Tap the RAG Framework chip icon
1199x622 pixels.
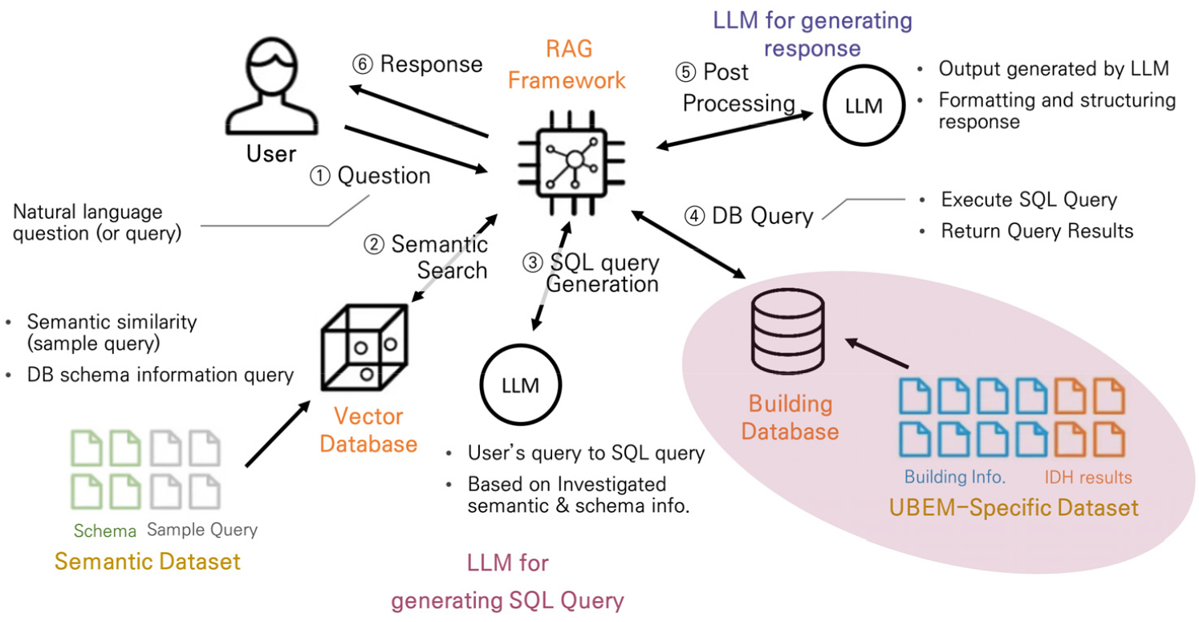point(573,161)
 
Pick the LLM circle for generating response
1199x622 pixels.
point(864,106)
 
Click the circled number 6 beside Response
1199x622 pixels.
point(363,64)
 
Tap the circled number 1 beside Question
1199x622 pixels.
point(320,176)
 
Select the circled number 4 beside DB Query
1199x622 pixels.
point(695,216)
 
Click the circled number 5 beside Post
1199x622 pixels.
point(685,72)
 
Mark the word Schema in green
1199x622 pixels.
point(105,531)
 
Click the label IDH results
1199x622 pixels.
point(1087,478)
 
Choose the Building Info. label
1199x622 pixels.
point(954,477)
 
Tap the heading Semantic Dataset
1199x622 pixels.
point(147,561)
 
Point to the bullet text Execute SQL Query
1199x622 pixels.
point(1029,199)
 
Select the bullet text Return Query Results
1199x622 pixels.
point(1037,231)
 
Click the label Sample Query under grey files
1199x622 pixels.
point(202,531)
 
